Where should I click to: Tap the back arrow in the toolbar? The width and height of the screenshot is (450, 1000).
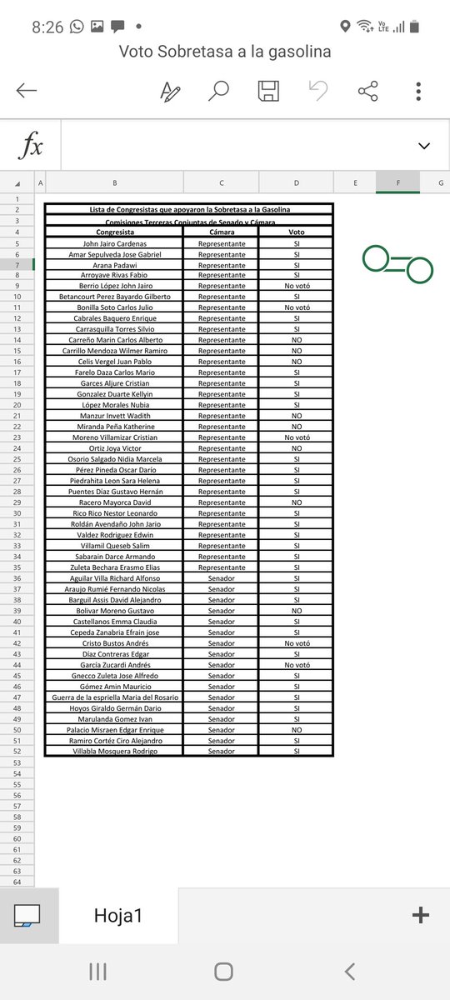coord(27,91)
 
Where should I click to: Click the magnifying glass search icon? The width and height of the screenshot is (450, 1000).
coord(218,91)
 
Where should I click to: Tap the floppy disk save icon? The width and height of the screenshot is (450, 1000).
coord(268,91)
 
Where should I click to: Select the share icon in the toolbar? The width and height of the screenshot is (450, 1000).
coord(367,91)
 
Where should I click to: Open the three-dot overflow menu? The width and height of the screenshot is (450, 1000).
coord(418,91)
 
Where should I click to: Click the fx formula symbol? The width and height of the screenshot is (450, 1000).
coord(31,146)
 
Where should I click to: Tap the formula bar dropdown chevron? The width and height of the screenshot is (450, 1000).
coord(424,146)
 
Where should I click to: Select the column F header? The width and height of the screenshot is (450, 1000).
coord(397,182)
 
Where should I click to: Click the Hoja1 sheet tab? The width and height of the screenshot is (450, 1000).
coord(118,915)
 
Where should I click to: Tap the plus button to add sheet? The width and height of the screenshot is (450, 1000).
coord(421,915)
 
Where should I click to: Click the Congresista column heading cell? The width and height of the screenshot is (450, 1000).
coord(114,232)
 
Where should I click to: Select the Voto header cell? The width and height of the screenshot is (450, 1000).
coord(297,232)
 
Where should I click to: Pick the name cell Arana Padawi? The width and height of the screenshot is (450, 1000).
coord(114,264)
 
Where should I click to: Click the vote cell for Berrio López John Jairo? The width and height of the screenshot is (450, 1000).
coord(297,286)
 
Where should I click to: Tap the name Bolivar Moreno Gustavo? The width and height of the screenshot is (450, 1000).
coord(114,611)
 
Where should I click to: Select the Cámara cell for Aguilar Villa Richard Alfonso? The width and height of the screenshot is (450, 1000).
coord(222,578)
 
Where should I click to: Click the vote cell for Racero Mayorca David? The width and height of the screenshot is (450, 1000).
coord(297,502)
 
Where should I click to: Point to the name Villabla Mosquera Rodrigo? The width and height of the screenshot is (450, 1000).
coord(114,752)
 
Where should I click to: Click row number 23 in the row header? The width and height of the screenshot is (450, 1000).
coord(17,437)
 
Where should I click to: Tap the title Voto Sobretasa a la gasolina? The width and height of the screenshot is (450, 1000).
coord(225,52)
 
